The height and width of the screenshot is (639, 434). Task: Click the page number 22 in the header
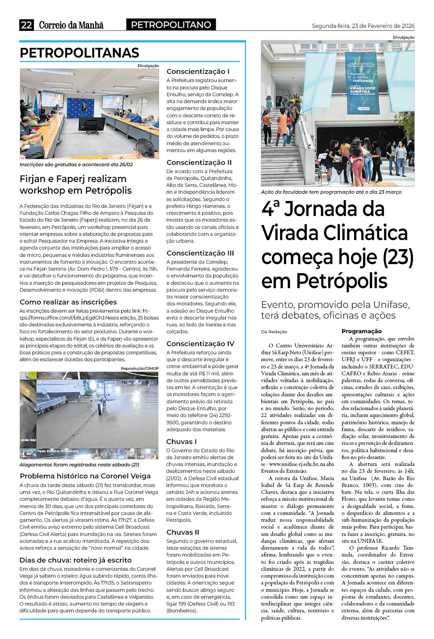pyautogui.click(x=26, y=25)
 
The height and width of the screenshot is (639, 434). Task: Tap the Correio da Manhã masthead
pyautogui.click(x=71, y=25)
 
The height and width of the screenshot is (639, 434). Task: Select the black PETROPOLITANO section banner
pyautogui.click(x=171, y=25)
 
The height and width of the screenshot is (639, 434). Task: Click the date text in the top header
pyautogui.click(x=363, y=26)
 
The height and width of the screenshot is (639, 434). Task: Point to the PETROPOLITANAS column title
pyautogui.click(x=79, y=53)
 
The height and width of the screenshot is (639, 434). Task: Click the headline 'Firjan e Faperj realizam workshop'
pyautogui.click(x=76, y=184)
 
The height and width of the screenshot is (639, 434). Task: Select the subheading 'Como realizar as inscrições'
pyautogui.click(x=68, y=302)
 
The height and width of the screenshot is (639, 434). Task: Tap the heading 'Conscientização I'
pyautogui.click(x=198, y=71)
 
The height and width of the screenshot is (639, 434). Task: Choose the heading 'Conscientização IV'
pyautogui.click(x=200, y=344)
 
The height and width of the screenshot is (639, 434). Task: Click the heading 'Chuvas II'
pyautogui.click(x=183, y=532)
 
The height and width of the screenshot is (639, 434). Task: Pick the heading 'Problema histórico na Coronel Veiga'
pyautogui.click(x=85, y=476)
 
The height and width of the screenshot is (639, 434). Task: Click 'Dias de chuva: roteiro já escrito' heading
pyautogui.click(x=76, y=560)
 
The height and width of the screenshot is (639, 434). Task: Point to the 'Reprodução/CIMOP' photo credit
pyautogui.click(x=140, y=368)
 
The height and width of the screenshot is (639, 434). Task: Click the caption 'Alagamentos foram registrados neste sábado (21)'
pyautogui.click(x=79, y=465)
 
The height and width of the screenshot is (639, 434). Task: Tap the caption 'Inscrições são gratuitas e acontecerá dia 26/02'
pyautogui.click(x=76, y=164)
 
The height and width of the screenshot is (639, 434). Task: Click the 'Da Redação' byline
pyautogui.click(x=274, y=332)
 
